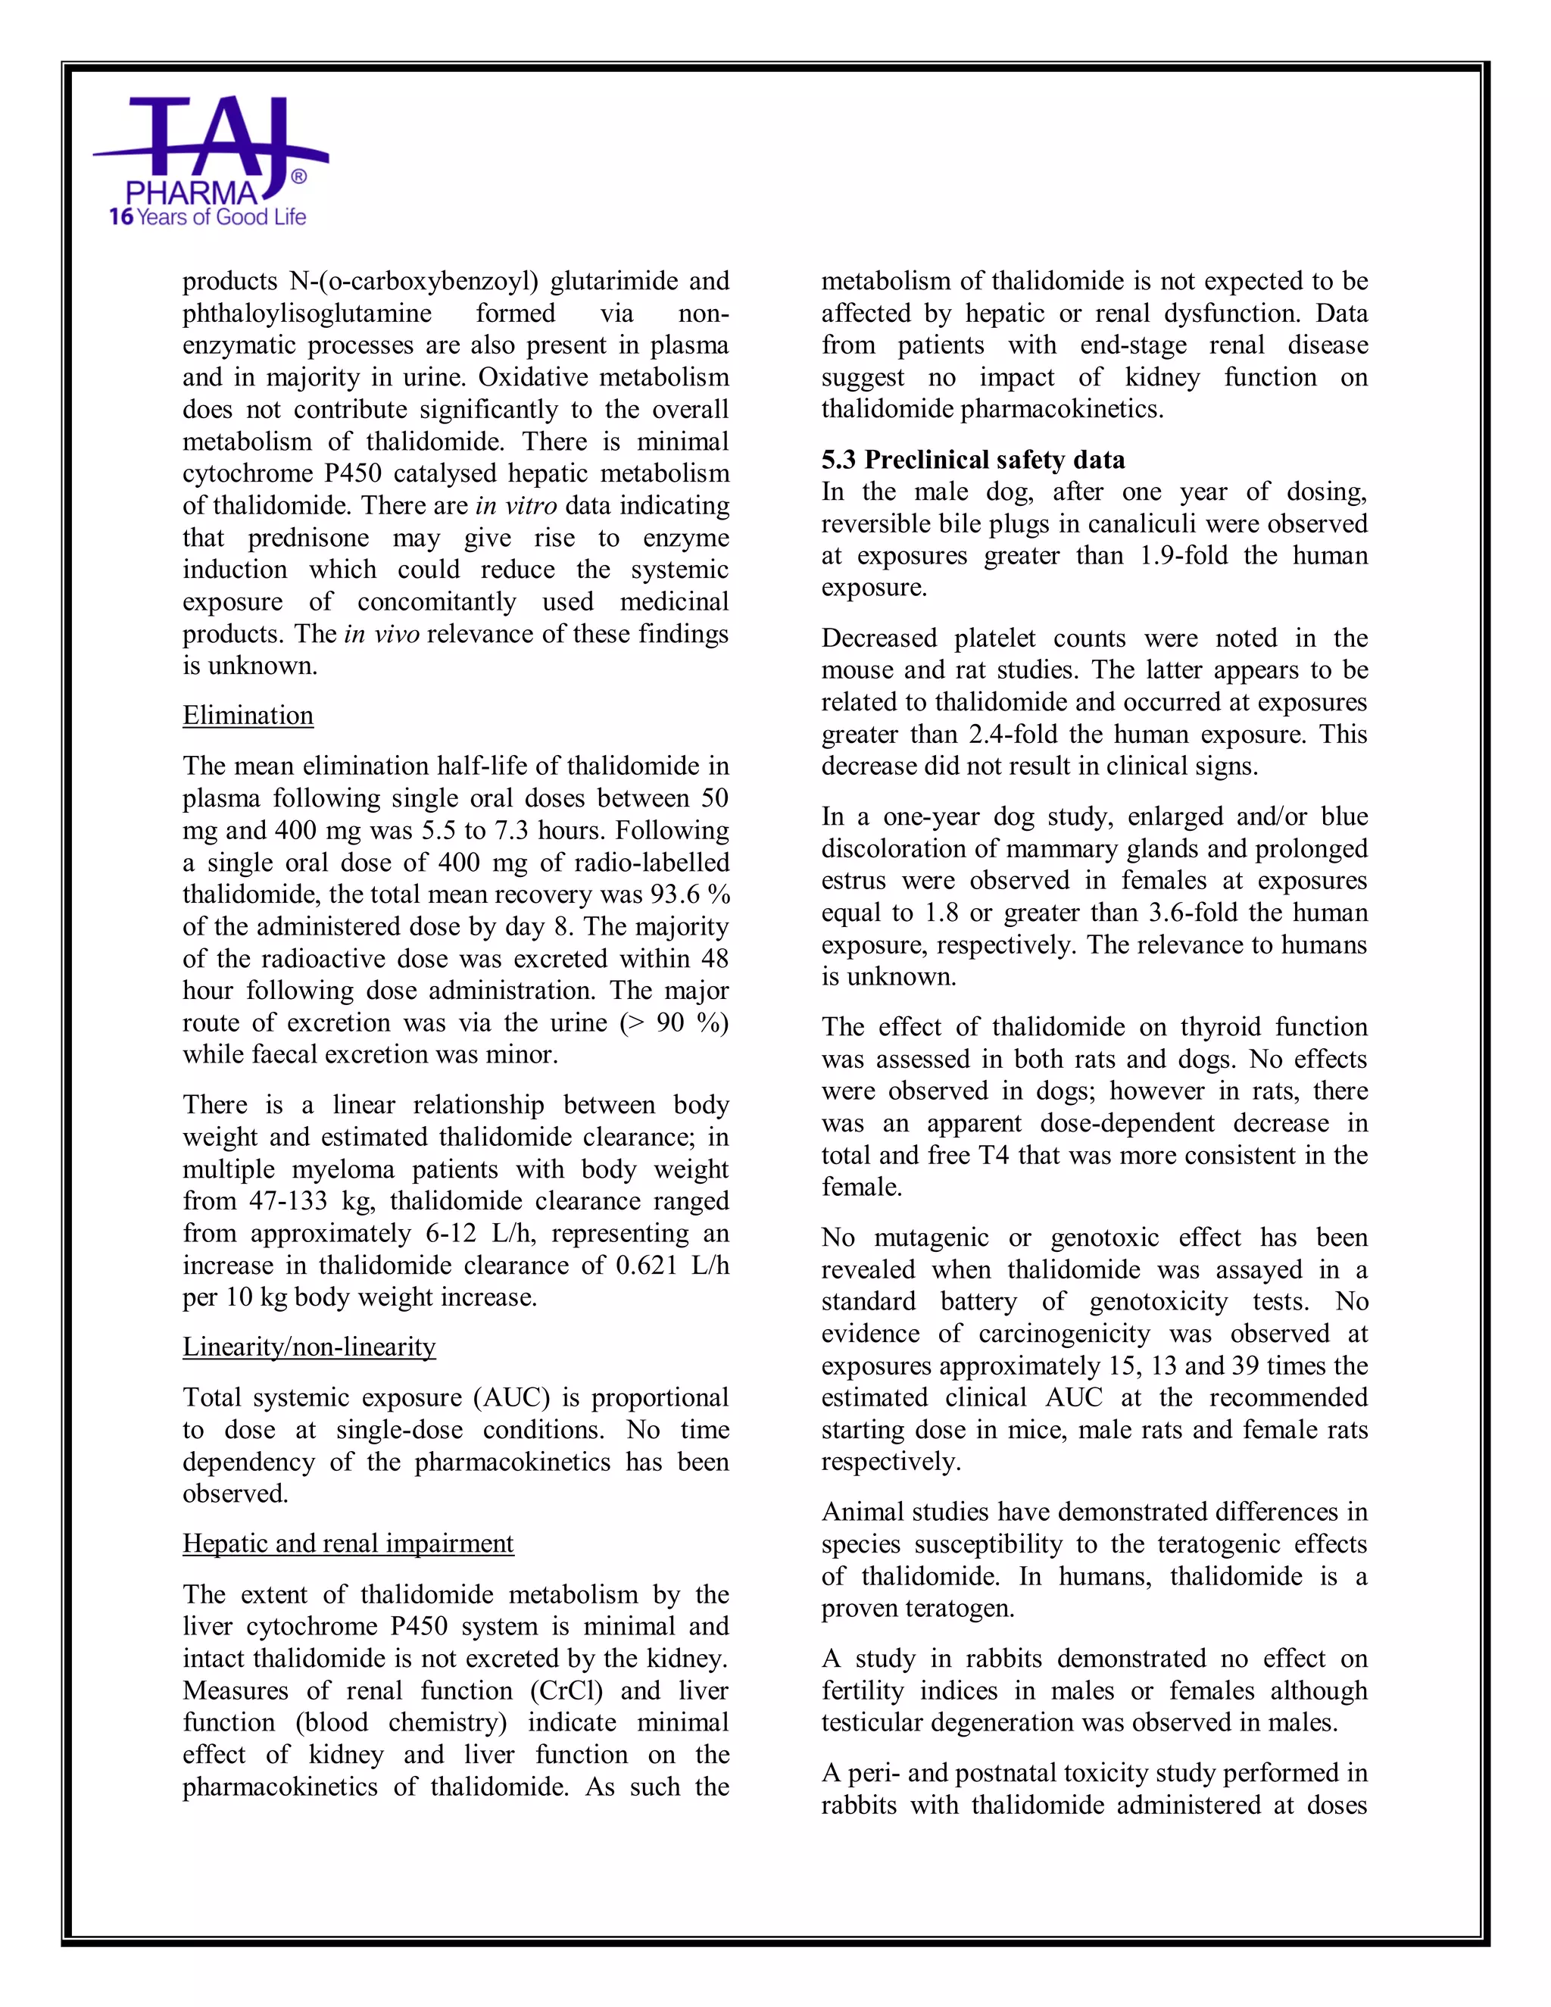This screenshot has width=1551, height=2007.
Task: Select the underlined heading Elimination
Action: pos(248,715)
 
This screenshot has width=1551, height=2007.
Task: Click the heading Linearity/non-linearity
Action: pos(309,1347)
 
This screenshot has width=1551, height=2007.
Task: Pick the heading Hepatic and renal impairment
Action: pos(348,1543)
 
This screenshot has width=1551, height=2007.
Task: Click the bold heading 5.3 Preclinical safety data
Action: pos(973,460)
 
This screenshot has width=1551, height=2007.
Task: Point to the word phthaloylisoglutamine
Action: pos(307,314)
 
